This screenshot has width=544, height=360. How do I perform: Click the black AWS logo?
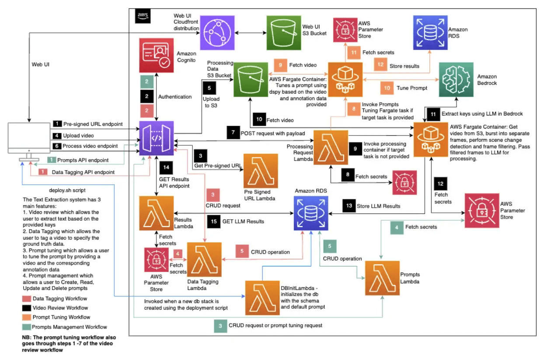[x=143, y=17]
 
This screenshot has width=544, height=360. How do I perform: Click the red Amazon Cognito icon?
[x=156, y=56]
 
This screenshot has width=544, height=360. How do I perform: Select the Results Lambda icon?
[x=156, y=213]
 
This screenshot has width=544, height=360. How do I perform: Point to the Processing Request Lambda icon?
[x=331, y=147]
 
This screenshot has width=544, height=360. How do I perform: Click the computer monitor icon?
[x=28, y=140]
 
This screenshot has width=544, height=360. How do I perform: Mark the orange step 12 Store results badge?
[x=380, y=66]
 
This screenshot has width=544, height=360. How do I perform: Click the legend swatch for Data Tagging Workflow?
[x=26, y=299]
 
